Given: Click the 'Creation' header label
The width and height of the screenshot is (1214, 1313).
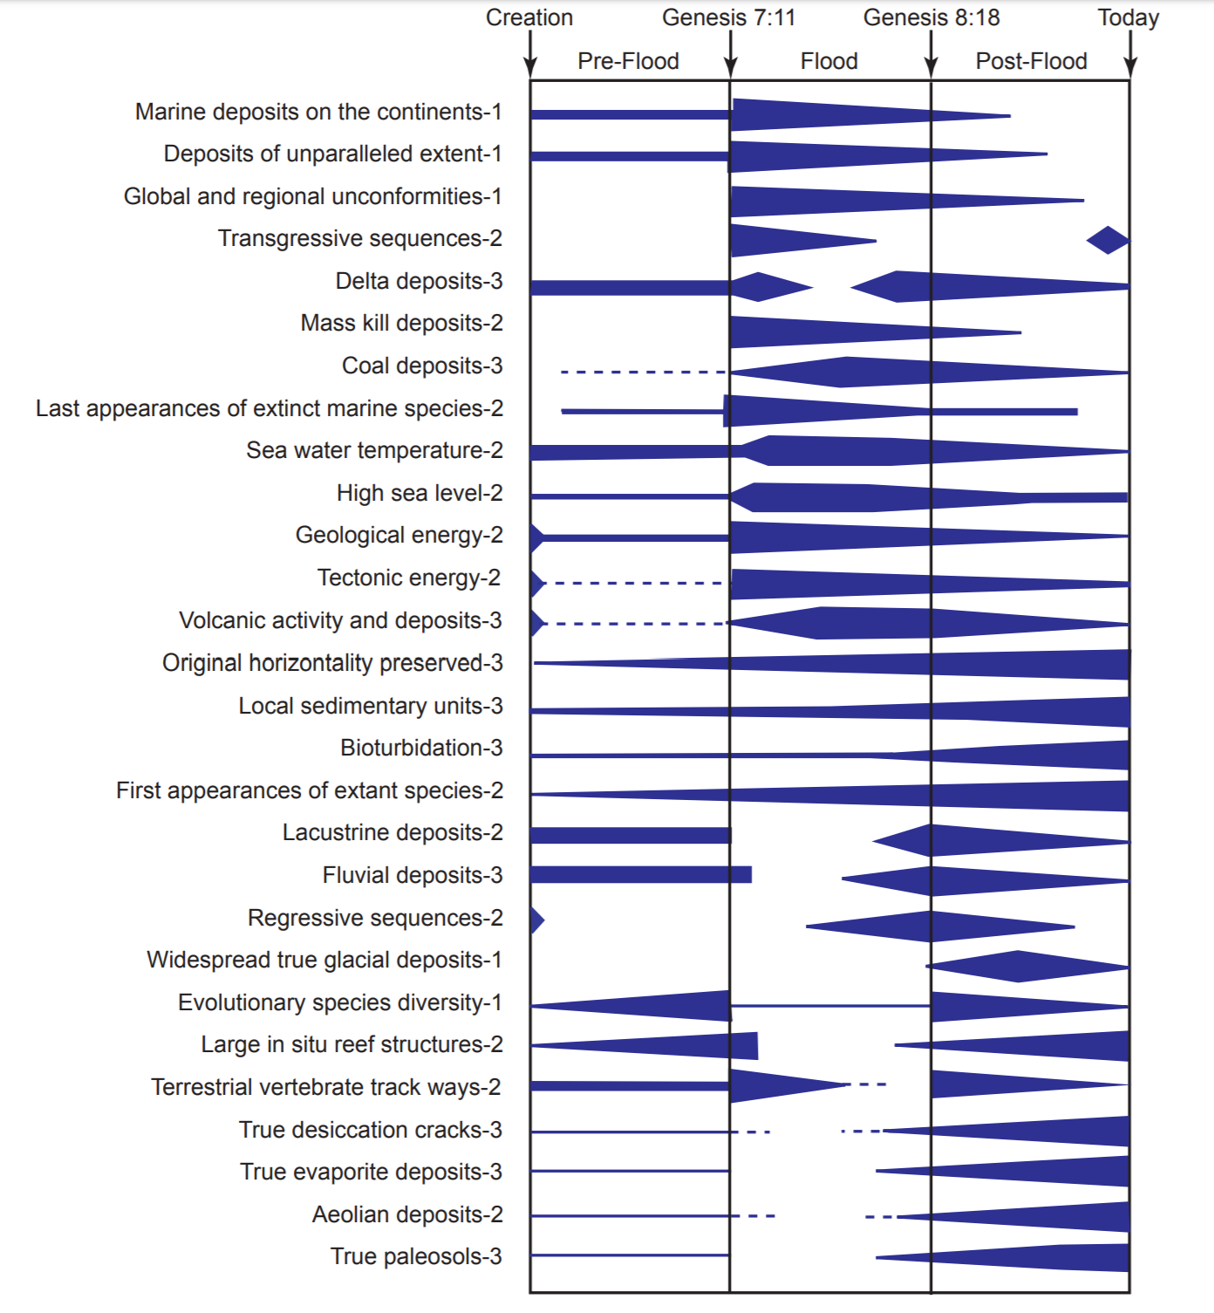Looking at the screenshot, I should [529, 17].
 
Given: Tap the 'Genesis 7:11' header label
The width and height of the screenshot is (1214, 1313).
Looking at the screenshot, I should [728, 17].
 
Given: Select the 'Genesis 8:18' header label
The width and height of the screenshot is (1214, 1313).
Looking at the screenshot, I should [931, 17].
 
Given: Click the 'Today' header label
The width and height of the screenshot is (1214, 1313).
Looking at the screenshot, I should [1128, 17].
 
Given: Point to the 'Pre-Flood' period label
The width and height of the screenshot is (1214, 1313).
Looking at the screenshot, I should [628, 61].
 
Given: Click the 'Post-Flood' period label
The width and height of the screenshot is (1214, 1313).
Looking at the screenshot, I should [1031, 61].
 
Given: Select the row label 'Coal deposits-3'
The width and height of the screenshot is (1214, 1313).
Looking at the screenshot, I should [422, 366].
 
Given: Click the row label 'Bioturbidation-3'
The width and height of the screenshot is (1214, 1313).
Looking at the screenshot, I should [421, 748].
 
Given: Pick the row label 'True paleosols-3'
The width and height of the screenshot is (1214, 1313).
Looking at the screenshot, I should [416, 1256].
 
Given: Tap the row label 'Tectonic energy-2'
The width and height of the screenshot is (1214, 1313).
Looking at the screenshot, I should [409, 578].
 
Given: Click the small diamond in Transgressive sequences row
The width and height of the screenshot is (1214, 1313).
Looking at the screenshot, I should [1108, 240].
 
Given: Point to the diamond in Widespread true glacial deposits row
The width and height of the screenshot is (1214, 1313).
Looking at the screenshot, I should [1019, 966].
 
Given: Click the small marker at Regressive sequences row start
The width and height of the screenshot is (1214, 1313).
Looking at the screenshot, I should [536, 920].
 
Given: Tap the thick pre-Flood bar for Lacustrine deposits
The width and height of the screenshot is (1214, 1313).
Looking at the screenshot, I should [630, 835].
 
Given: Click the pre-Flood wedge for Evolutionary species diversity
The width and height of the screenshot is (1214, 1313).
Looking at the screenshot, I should [663, 1006].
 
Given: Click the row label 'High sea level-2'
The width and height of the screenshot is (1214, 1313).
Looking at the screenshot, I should [419, 493].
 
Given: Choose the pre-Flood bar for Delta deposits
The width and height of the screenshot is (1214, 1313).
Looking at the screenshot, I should [630, 287].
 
